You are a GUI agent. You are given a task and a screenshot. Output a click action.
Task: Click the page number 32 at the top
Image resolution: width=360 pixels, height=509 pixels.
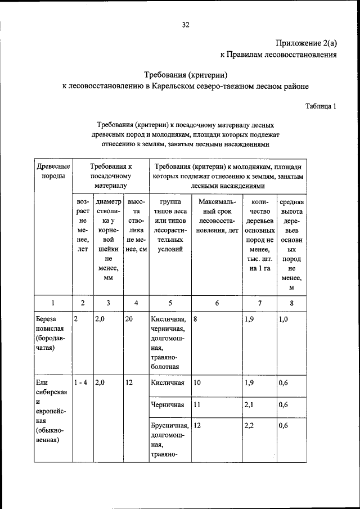pyautogui.click(x=186, y=25)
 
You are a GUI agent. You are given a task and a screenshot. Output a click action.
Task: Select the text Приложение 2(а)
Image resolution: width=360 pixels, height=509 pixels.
pyautogui.click(x=307, y=43)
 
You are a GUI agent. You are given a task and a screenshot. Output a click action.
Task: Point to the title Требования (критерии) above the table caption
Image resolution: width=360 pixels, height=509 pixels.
pyautogui.click(x=186, y=74)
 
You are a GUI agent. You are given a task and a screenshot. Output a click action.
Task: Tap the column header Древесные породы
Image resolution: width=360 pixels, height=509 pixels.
pyautogui.click(x=53, y=171)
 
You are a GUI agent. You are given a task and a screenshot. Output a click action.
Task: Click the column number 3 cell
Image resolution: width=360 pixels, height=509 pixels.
pyautogui.click(x=108, y=303)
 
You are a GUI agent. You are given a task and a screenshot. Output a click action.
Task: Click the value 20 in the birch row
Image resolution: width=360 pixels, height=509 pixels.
pyautogui.click(x=129, y=319)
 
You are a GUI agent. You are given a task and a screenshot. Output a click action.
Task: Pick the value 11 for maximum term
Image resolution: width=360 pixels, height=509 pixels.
pyautogui.click(x=197, y=404)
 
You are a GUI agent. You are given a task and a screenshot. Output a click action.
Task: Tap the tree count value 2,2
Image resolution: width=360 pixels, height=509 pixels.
pyautogui.click(x=249, y=426)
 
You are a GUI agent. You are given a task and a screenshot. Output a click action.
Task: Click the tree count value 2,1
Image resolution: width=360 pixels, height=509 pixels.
pyautogui.click(x=249, y=404)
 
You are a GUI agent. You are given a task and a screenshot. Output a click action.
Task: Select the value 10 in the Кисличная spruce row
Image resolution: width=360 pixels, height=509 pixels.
pyautogui.click(x=197, y=383)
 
